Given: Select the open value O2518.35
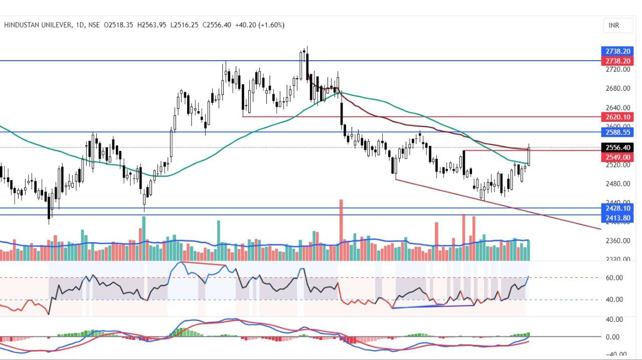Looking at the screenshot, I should click(x=118, y=25).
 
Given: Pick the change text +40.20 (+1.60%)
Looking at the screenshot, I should click(x=260, y=25).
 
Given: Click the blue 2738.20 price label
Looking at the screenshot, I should click(x=617, y=51).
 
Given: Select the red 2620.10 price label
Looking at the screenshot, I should click(x=617, y=117).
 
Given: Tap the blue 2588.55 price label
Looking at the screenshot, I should click(x=617, y=132).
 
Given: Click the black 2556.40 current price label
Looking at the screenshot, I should click(x=617, y=147).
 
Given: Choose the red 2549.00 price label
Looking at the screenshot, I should click(x=617, y=157).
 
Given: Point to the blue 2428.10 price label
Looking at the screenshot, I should click(x=617, y=208).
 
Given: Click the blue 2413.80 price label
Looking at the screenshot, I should click(x=617, y=218).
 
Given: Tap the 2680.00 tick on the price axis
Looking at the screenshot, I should click(x=617, y=89).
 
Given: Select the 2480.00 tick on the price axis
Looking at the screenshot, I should click(x=617, y=184).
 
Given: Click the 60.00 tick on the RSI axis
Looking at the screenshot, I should click(x=615, y=278).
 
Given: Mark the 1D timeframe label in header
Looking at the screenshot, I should click(x=79, y=25).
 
